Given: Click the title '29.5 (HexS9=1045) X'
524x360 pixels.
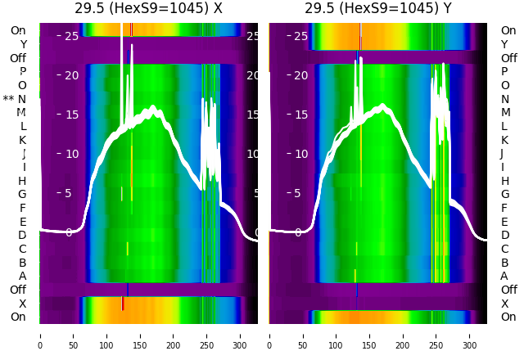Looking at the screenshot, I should click(x=148, y=9).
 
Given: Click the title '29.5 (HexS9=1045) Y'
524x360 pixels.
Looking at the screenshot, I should click(x=378, y=9).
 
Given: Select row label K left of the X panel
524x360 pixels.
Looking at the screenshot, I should click(x=23, y=140).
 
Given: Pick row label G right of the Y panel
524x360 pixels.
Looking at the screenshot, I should click(x=504, y=195).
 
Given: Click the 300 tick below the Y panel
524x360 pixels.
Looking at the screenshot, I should click(x=470, y=335).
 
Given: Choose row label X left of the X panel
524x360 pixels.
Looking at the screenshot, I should click(x=23, y=304).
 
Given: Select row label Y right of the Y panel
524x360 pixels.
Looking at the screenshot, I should click(x=504, y=44).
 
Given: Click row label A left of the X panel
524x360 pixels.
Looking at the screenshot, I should click(x=23, y=277).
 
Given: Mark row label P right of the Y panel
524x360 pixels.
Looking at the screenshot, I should click(x=504, y=72).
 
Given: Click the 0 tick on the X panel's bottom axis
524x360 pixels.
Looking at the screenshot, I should click(x=40, y=335).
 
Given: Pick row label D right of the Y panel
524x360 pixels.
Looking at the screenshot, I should click(x=504, y=236).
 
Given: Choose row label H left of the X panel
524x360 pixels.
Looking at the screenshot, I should click(x=23, y=181).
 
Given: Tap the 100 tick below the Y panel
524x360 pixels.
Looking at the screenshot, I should click(x=337, y=335).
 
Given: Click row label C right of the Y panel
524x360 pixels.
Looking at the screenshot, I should click(x=504, y=249).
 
